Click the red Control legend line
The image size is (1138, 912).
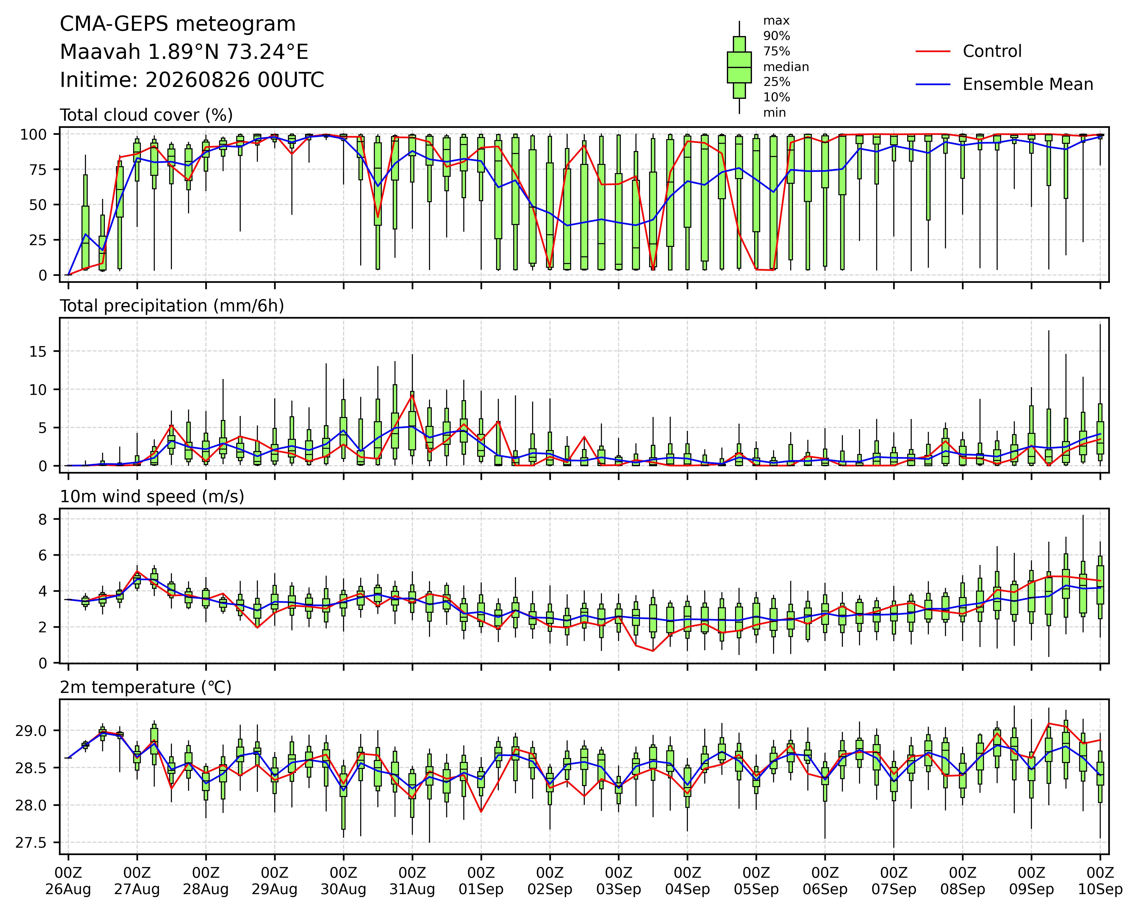(933, 51)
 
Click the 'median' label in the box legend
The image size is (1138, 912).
(786, 67)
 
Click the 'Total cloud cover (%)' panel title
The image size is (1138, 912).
(146, 115)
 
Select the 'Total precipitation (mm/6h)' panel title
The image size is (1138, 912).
(172, 306)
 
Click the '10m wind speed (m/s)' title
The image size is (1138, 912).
(152, 497)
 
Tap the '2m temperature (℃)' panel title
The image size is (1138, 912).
(146, 688)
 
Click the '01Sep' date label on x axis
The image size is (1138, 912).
(481, 889)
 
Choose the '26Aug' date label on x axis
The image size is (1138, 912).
(68, 889)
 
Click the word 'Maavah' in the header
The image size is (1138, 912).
(100, 52)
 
